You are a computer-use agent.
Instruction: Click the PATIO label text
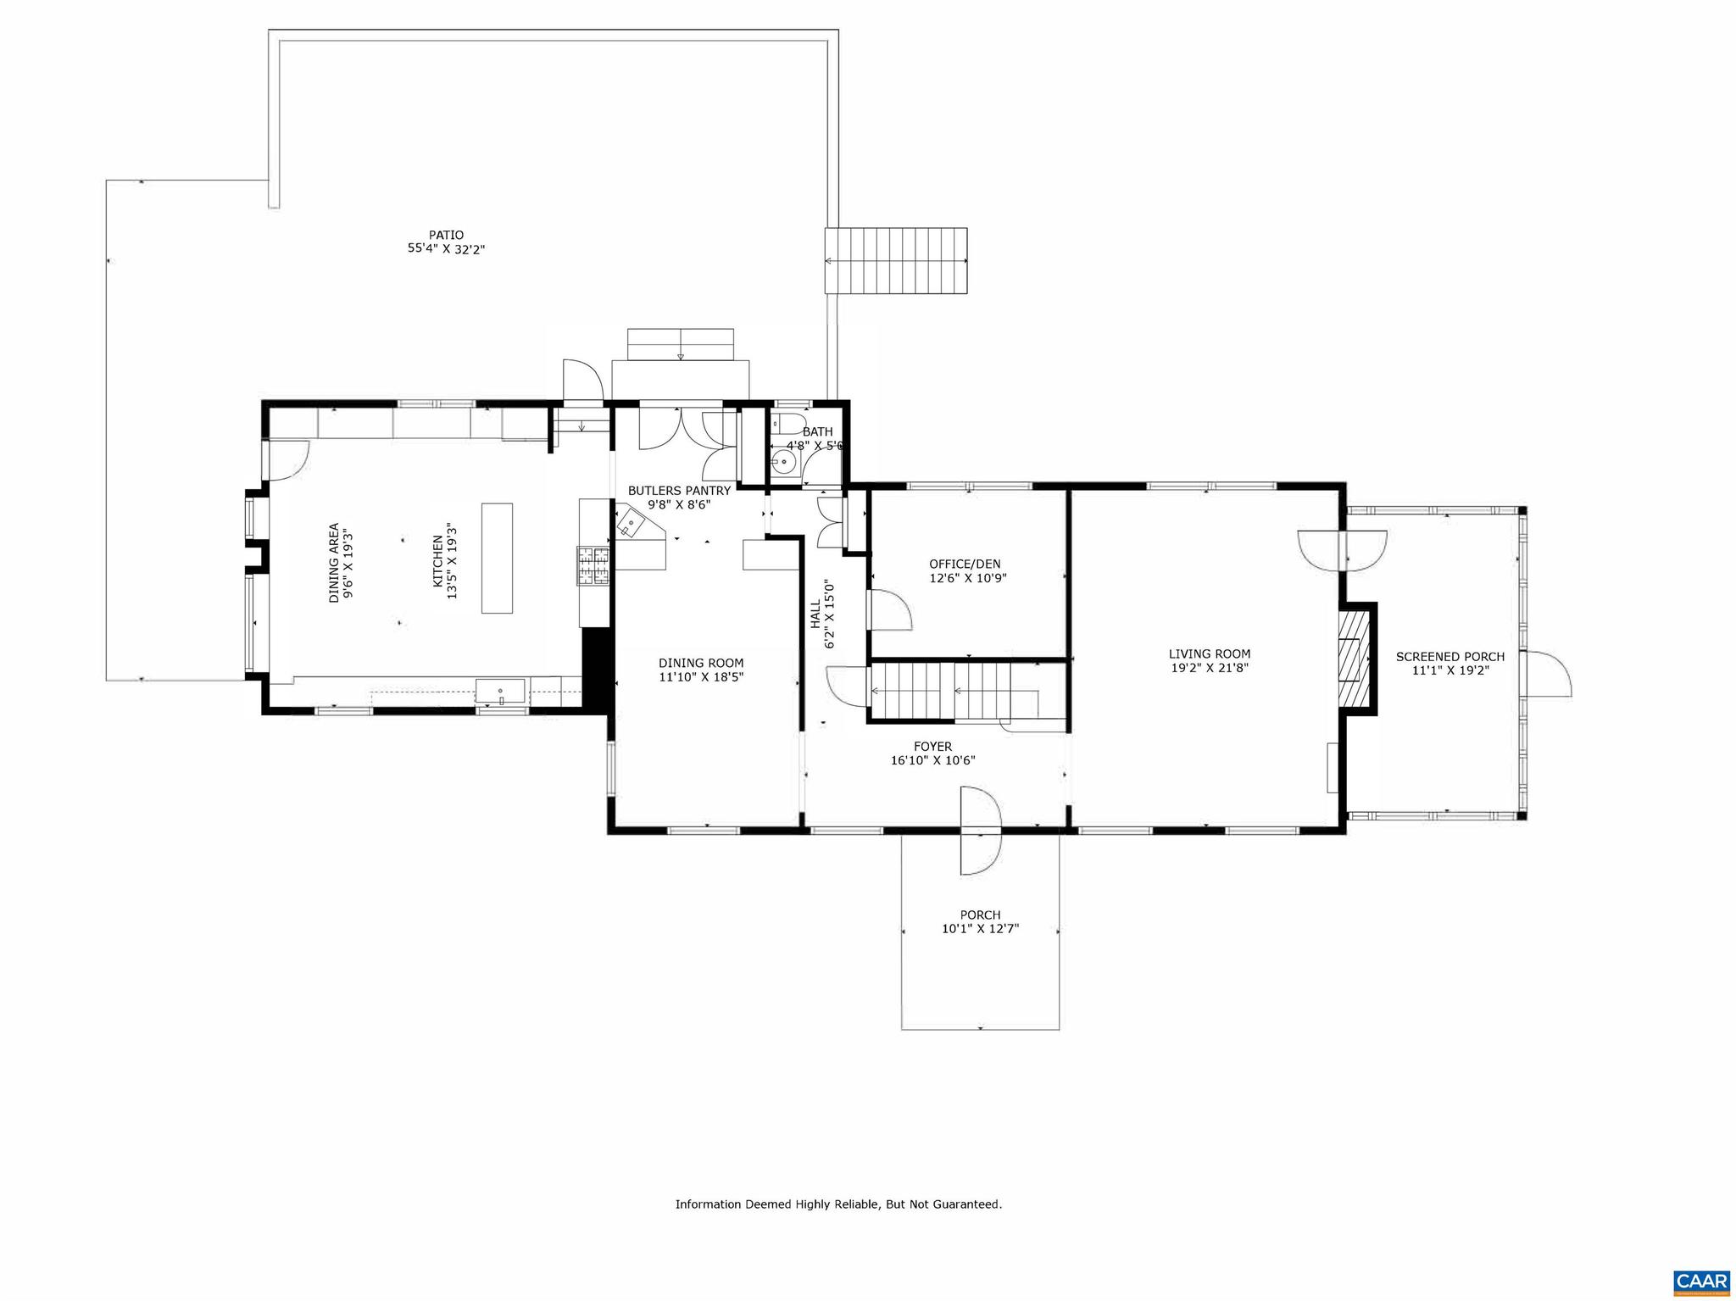tap(446, 235)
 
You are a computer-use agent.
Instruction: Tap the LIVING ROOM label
tap(1210, 653)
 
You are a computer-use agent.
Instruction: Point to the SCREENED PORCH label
tap(1450, 656)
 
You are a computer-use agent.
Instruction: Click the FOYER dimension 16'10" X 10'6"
tap(932, 760)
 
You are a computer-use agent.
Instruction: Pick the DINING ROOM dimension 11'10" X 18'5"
tap(701, 676)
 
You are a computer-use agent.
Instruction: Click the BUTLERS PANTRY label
tap(679, 490)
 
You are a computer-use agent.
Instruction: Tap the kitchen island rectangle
tap(497, 558)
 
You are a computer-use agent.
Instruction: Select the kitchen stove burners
tap(593, 566)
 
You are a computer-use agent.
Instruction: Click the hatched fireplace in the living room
tap(1354, 659)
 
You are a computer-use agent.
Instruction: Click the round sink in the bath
tap(784, 463)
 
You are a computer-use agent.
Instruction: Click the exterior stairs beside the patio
tap(896, 260)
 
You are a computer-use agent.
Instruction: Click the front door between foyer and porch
tap(980, 829)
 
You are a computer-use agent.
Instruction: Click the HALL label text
tap(815, 614)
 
